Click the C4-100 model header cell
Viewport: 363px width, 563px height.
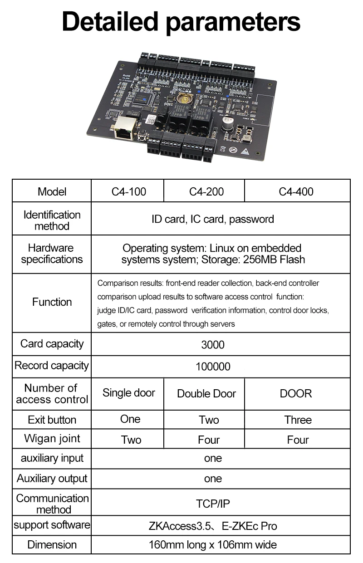pos(129,191)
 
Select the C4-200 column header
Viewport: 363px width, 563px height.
pos(206,191)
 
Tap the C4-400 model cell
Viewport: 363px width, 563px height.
pos(296,191)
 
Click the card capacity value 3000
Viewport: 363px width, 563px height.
pos(213,345)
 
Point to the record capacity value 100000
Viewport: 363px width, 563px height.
pos(213,367)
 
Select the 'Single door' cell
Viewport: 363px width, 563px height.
pos(129,393)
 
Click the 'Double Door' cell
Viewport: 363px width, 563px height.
pos(206,393)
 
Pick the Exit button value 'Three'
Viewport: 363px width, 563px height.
pos(298,420)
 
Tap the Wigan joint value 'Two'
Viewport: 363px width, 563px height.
pos(131,440)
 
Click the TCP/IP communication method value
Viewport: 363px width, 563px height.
pos(213,504)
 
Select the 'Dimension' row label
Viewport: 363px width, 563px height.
pos(52,544)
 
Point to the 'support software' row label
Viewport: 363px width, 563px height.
pos(52,525)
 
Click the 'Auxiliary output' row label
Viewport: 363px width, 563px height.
pos(52,478)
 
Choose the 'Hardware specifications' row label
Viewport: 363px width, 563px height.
pos(52,254)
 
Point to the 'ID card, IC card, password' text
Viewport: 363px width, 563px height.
pos(213,219)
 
